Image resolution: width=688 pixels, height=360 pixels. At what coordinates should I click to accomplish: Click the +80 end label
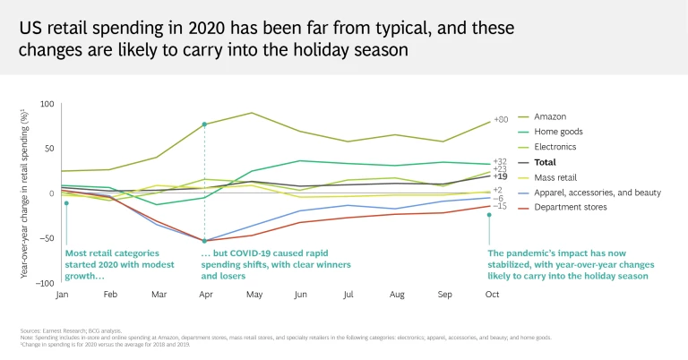click(501, 120)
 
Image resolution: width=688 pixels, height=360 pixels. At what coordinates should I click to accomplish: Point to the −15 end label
click(500, 206)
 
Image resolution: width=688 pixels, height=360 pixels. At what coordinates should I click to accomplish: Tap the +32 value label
click(500, 161)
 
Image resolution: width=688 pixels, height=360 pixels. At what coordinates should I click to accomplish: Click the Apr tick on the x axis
click(204, 295)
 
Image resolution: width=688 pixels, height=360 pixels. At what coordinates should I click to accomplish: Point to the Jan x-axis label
click(63, 295)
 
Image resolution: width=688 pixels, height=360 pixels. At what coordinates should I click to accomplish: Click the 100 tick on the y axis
click(47, 104)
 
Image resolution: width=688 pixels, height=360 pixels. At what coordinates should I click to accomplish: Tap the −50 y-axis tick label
click(46, 238)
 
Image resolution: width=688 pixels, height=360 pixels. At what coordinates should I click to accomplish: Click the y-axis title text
click(24, 193)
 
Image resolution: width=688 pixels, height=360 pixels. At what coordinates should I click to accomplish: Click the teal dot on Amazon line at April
click(205, 124)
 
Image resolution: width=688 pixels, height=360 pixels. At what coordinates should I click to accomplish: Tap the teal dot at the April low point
click(205, 240)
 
